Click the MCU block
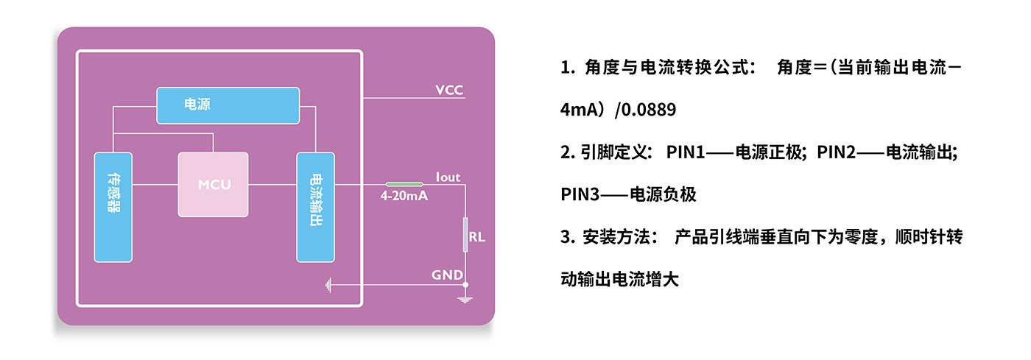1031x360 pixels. (214, 184)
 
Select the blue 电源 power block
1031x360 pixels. (228, 105)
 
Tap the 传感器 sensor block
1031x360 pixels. (113, 207)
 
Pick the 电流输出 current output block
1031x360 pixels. (315, 207)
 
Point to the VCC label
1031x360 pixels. (449, 91)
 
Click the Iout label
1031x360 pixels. (448, 177)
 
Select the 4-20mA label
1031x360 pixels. (404, 197)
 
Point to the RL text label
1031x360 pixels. (477, 238)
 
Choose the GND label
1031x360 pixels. (447, 275)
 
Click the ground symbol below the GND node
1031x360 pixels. (465, 298)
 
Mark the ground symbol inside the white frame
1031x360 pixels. (328, 284)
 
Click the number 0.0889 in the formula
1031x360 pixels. (649, 110)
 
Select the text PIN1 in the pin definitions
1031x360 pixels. (686, 153)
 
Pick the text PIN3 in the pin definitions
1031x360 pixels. (580, 195)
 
